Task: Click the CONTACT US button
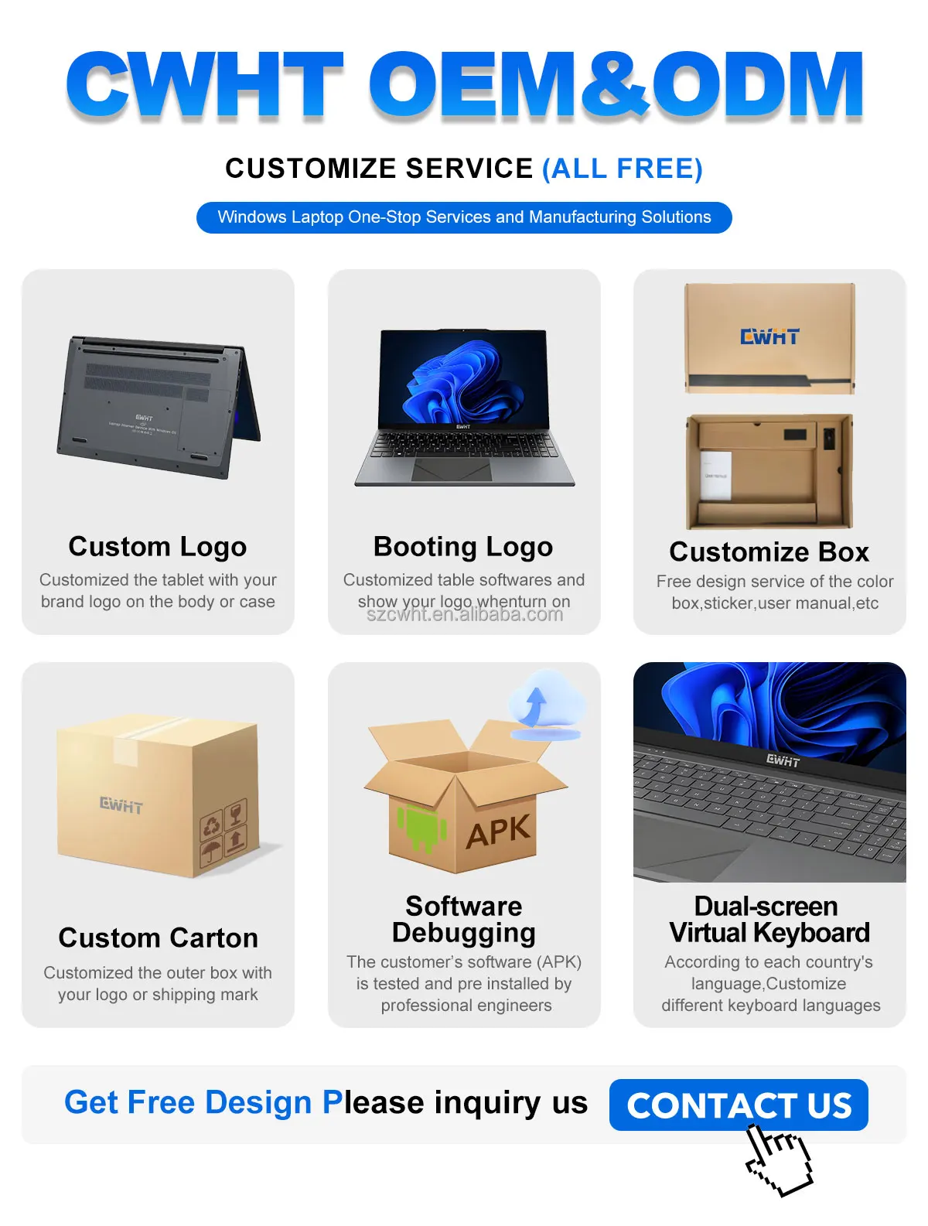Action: [x=739, y=1105]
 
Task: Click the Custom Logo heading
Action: [x=158, y=546]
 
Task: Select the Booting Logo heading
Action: [x=463, y=546]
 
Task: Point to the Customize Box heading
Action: [x=769, y=552]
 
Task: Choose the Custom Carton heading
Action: [x=158, y=937]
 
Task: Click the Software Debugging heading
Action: [x=463, y=919]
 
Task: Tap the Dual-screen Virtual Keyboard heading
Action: [x=769, y=919]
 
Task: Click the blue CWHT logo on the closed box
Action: [x=769, y=336]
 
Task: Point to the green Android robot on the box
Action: [x=421, y=827]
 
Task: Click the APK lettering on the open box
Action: [x=499, y=832]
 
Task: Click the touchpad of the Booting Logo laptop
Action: [x=452, y=469]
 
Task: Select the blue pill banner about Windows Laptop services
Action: [x=464, y=217]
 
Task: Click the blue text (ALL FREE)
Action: [x=622, y=169]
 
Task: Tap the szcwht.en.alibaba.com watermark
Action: [x=464, y=615]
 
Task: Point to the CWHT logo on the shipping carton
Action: [x=121, y=805]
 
